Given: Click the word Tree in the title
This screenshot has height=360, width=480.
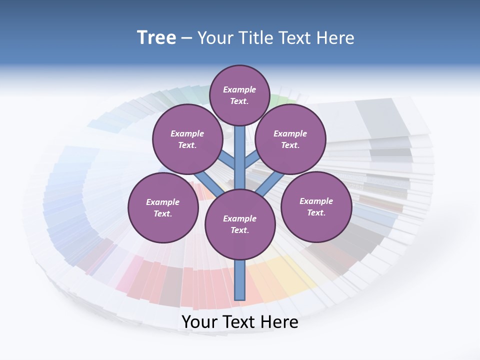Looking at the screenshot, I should tap(156, 38).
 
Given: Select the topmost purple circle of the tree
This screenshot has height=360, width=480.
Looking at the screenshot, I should tap(239, 95).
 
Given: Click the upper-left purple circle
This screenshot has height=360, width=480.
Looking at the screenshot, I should tap(187, 139).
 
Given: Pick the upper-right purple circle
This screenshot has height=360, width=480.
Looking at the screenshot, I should tap(290, 139).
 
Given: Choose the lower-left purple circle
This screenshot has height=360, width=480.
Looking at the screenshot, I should tap(163, 207).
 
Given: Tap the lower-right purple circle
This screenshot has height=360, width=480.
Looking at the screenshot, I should tap(316, 206).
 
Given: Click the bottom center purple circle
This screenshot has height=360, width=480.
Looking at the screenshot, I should tap(240, 224).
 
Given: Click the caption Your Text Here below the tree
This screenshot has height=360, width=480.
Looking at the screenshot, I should tap(240, 322).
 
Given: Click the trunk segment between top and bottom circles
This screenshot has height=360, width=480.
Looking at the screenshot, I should tap(240, 157).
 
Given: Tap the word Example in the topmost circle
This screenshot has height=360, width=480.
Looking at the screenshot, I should tap(239, 89).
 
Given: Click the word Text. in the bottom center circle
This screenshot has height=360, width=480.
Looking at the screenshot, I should tap(239, 230).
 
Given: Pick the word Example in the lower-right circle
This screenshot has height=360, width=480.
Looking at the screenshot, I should tap(316, 201).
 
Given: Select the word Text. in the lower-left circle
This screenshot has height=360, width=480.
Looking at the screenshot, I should tap(163, 213).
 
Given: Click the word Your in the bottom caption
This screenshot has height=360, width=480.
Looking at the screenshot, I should tap(199, 322).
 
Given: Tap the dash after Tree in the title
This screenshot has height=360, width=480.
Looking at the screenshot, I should tap(187, 38).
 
